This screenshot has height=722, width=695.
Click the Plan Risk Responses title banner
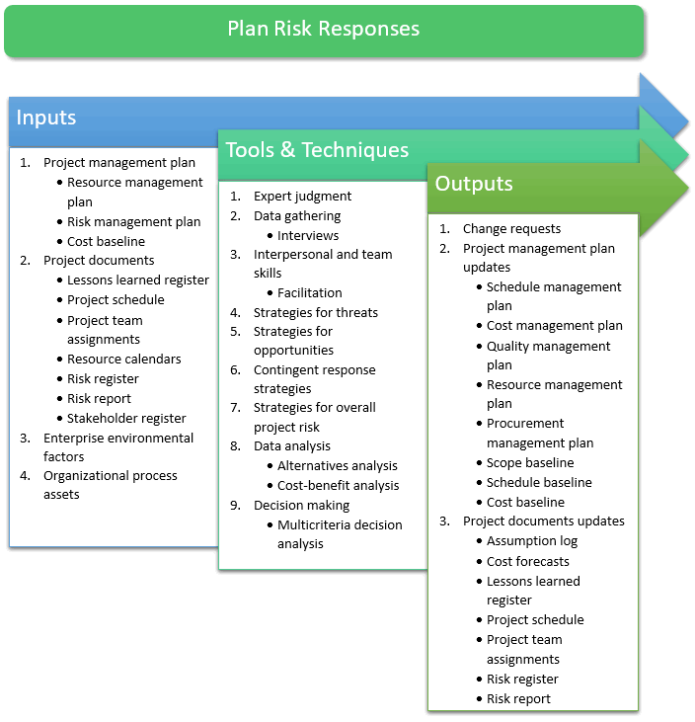(324, 30)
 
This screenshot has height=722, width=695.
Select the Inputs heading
(46, 118)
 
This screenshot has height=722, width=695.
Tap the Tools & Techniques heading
(317, 150)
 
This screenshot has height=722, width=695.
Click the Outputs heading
(474, 184)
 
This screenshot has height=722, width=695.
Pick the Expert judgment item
(302, 196)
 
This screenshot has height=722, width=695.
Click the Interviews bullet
(308, 235)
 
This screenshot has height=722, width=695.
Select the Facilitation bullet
(310, 292)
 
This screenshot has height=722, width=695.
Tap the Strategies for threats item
(315, 312)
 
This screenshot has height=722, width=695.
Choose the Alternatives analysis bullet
(338, 465)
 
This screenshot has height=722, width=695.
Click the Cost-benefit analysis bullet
(339, 485)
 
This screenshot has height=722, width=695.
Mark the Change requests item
(511, 228)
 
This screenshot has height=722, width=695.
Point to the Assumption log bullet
(532, 540)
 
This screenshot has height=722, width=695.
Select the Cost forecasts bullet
(528, 561)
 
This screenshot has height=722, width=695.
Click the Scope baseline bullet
(530, 462)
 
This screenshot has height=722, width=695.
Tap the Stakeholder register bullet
(126, 418)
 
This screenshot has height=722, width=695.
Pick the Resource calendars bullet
(124, 359)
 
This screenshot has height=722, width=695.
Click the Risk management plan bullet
(134, 221)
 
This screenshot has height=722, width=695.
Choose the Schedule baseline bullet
(539, 482)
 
